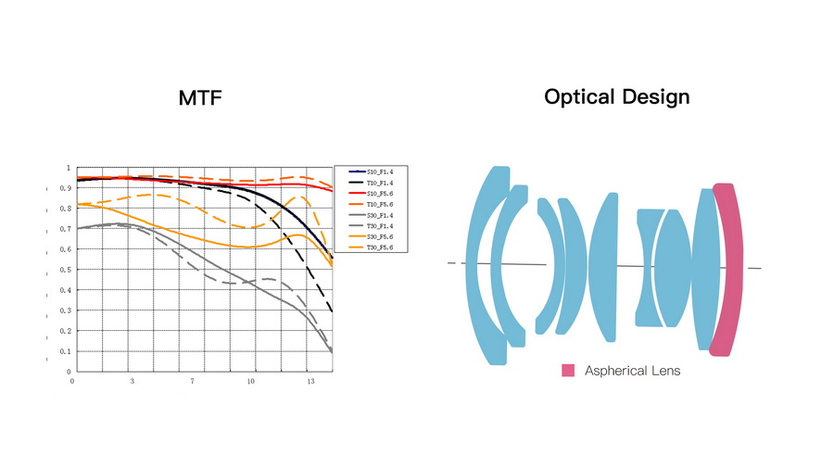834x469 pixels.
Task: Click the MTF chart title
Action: click(x=200, y=97)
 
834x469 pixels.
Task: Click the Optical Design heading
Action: click(x=616, y=96)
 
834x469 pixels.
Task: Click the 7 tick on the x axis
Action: click(x=192, y=380)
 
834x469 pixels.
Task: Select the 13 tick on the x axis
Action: click(x=310, y=380)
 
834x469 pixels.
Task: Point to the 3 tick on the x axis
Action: click(x=132, y=380)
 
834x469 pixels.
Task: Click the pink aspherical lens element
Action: click(x=726, y=269)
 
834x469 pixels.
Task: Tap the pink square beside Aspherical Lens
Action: click(x=568, y=371)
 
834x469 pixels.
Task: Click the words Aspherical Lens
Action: click(x=632, y=371)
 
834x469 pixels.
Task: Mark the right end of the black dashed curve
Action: click(x=332, y=312)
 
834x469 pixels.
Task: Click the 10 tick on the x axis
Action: click(x=251, y=380)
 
